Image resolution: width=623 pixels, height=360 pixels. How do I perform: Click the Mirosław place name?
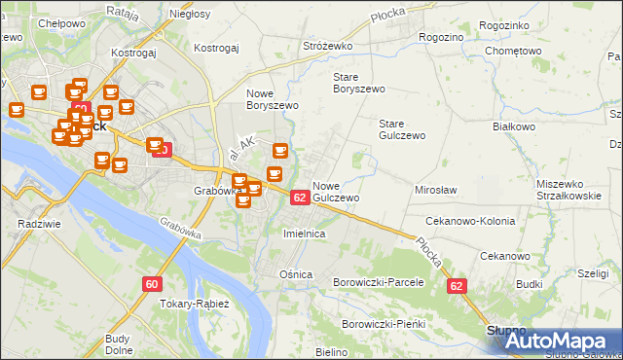point(436,190)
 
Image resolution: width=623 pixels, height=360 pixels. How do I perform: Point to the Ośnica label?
point(295,274)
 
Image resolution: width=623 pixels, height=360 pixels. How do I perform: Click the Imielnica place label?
point(303,234)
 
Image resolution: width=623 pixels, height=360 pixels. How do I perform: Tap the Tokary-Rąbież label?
point(193,303)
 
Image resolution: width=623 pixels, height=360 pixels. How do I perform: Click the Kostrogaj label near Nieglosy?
point(216,47)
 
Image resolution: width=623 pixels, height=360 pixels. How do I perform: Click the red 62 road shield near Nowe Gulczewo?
point(300,198)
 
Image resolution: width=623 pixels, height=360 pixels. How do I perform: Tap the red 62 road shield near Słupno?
point(458,287)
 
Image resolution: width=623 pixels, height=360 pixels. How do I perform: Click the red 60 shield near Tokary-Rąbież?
point(151,284)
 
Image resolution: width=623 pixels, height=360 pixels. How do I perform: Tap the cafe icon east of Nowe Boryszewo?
point(280,151)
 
